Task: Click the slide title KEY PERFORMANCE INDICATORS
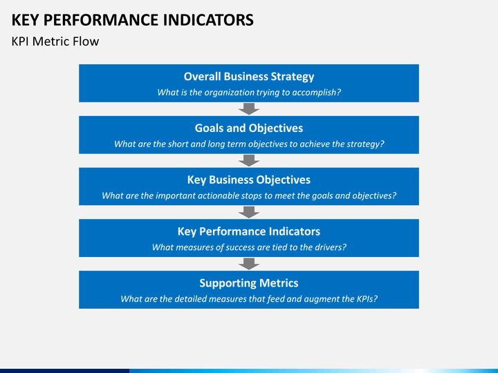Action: (x=132, y=20)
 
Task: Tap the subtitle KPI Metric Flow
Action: (x=55, y=41)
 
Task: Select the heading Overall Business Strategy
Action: (x=249, y=77)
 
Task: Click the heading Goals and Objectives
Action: (x=249, y=128)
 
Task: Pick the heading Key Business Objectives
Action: (x=249, y=180)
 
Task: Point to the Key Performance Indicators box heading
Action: (x=249, y=231)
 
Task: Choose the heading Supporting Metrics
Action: (x=249, y=283)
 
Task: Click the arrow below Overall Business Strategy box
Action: (x=249, y=109)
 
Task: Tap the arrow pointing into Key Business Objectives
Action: (x=249, y=160)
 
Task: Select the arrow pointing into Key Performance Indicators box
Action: (x=249, y=212)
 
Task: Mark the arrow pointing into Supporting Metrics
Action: (x=249, y=264)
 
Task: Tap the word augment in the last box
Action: (x=320, y=300)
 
